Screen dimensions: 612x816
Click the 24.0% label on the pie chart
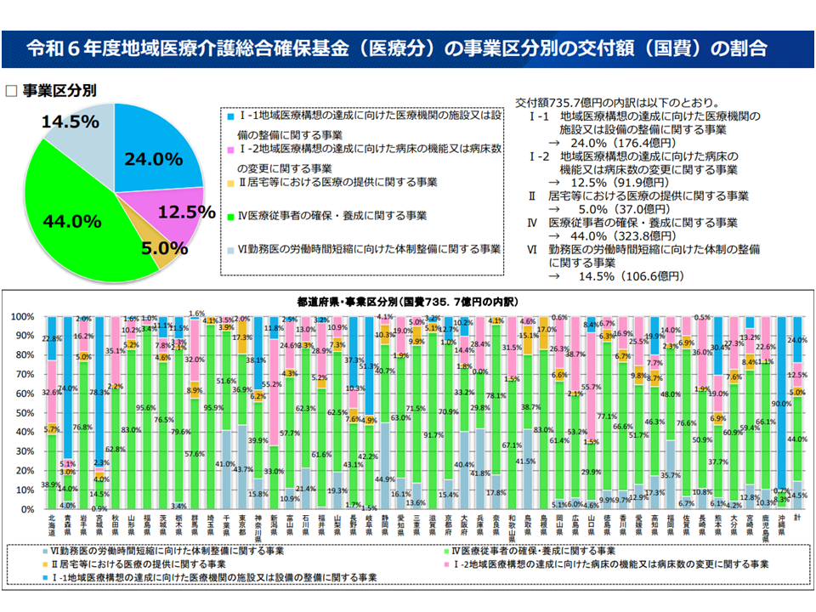click(x=153, y=159)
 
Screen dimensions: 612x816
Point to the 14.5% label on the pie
click(x=71, y=122)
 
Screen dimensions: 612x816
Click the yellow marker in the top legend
click(x=230, y=182)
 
